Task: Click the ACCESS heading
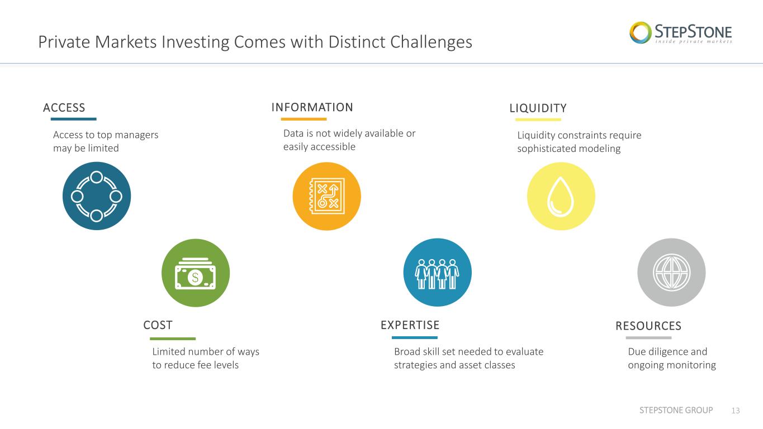pos(64,108)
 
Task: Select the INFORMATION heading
pos(312,107)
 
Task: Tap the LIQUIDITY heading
pos(538,108)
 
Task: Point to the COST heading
pos(158,325)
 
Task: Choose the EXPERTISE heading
pos(410,325)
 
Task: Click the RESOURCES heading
pos(648,326)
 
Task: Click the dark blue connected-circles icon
pos(97,196)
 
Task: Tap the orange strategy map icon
pos(326,196)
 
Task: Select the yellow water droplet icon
pos(561,196)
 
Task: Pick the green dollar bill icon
pos(196,273)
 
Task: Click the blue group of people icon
pos(437,273)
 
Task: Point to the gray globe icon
pos(671,273)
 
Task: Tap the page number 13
pos(736,411)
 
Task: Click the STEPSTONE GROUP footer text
pos(676,410)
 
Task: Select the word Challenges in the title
pos(431,42)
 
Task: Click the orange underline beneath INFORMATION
pos(304,119)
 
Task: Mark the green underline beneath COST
pos(173,339)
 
